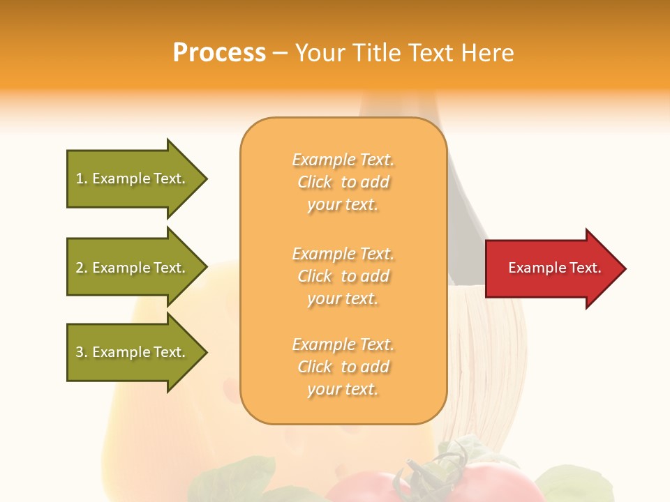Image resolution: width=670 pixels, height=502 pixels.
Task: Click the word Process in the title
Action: click(219, 52)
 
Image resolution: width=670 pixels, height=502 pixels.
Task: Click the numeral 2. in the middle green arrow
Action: click(81, 268)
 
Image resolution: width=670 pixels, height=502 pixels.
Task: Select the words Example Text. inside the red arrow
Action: click(554, 268)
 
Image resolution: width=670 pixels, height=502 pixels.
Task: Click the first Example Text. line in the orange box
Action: click(343, 160)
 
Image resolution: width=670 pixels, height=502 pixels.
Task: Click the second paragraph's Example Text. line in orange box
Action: click(343, 254)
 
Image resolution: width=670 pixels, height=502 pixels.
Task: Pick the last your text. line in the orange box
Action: click(343, 390)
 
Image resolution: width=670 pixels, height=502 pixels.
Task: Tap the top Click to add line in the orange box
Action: click(343, 183)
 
